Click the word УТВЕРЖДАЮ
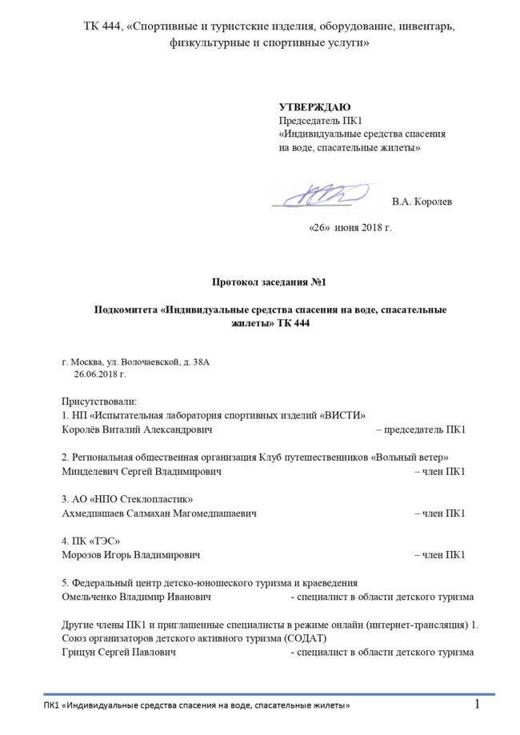pyautogui.click(x=314, y=107)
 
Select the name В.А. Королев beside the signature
pyautogui.click(x=422, y=202)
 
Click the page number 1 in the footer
pyautogui.click(x=478, y=705)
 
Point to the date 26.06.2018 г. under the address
pyautogui.click(x=100, y=373)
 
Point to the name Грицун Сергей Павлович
pyautogui.click(x=119, y=653)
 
